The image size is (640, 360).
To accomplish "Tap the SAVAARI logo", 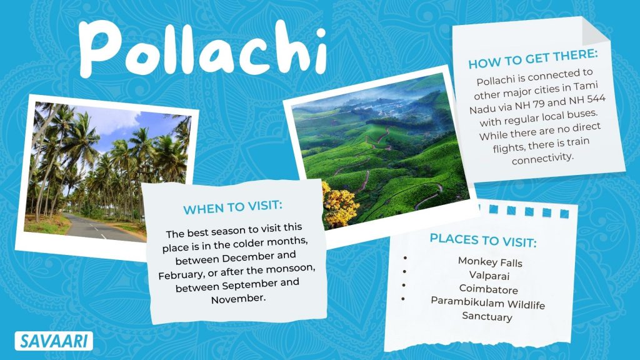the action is (x=54, y=341).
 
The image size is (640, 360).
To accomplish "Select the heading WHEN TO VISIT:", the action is (x=232, y=207).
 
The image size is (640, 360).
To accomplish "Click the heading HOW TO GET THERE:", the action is (x=532, y=59).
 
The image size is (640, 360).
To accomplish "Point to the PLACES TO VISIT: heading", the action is (x=483, y=240).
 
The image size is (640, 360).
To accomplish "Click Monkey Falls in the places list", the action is (x=490, y=262).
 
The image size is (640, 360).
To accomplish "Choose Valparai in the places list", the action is (x=489, y=276).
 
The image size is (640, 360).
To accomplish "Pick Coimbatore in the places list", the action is (x=489, y=289).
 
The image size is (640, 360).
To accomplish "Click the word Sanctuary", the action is (x=487, y=316).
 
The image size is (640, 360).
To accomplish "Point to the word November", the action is (x=238, y=299).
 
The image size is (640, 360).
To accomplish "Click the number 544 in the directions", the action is (x=596, y=99).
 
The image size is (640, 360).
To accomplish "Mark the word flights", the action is (x=507, y=147).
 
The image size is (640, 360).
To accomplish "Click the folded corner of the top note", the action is (x=595, y=30).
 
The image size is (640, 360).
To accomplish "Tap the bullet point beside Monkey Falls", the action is (x=404, y=258).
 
